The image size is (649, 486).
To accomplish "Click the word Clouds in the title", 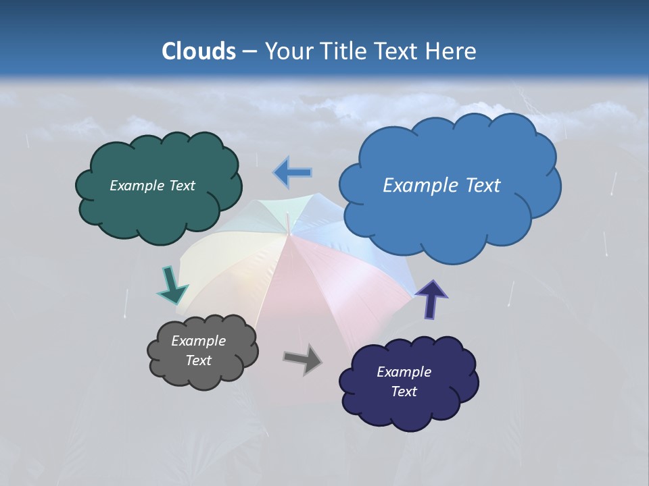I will [199, 51].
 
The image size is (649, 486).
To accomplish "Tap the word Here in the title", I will [452, 51].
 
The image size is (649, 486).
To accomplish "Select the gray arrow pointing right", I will [303, 359].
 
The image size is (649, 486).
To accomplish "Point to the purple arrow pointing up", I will [431, 299].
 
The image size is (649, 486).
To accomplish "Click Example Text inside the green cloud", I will [152, 186].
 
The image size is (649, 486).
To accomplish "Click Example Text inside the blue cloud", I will [441, 186].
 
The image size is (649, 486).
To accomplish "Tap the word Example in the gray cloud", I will [198, 341].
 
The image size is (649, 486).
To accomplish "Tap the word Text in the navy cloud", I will [404, 391].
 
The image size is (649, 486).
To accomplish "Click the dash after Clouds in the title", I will [249, 52].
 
